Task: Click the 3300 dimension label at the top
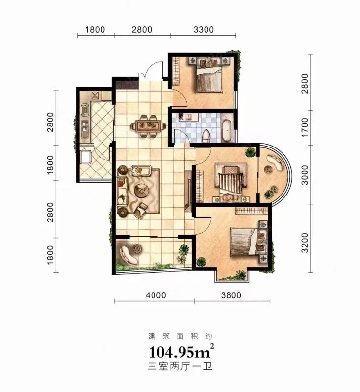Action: coord(204,30)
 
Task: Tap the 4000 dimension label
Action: coord(155,295)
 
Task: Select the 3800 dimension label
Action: coord(231,295)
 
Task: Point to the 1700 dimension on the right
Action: coord(304,127)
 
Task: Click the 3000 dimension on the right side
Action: coord(305,175)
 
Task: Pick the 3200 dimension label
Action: coord(305,243)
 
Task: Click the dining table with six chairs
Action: coord(149,126)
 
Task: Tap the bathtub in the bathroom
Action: coord(227,130)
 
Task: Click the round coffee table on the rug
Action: coord(141,190)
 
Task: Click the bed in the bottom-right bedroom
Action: coord(244,242)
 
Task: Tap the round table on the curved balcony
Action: coord(268,169)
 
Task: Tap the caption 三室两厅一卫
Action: coord(180,366)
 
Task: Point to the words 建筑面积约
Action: coord(180,336)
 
